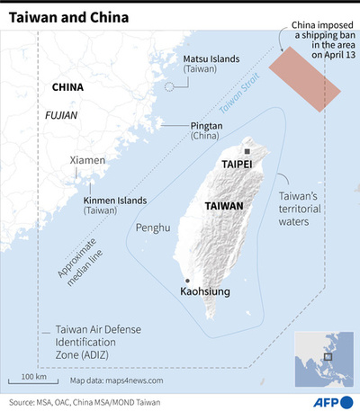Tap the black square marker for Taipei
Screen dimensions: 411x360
[x=247, y=152]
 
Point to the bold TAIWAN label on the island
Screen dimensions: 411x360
[x=226, y=206]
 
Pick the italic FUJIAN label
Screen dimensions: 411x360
[x=61, y=116]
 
